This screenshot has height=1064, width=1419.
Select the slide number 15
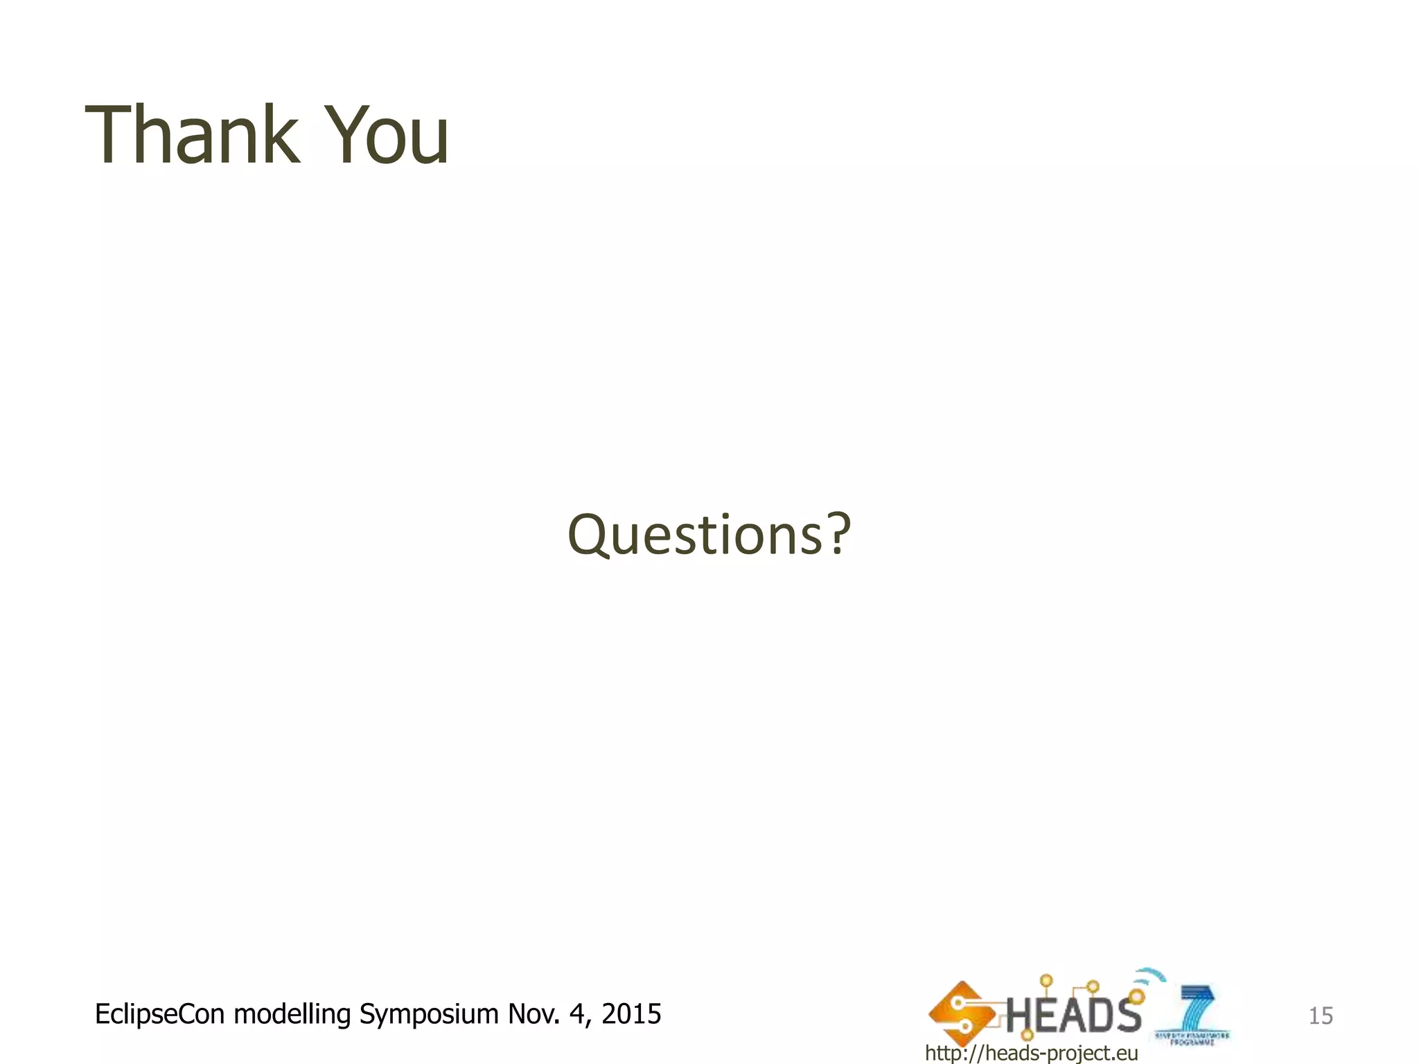click(x=1320, y=1016)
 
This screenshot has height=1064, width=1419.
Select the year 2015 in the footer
click(x=631, y=1014)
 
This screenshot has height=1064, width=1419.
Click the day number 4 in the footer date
click(x=577, y=1014)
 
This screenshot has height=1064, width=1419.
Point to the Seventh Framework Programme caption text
click(x=1192, y=1038)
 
